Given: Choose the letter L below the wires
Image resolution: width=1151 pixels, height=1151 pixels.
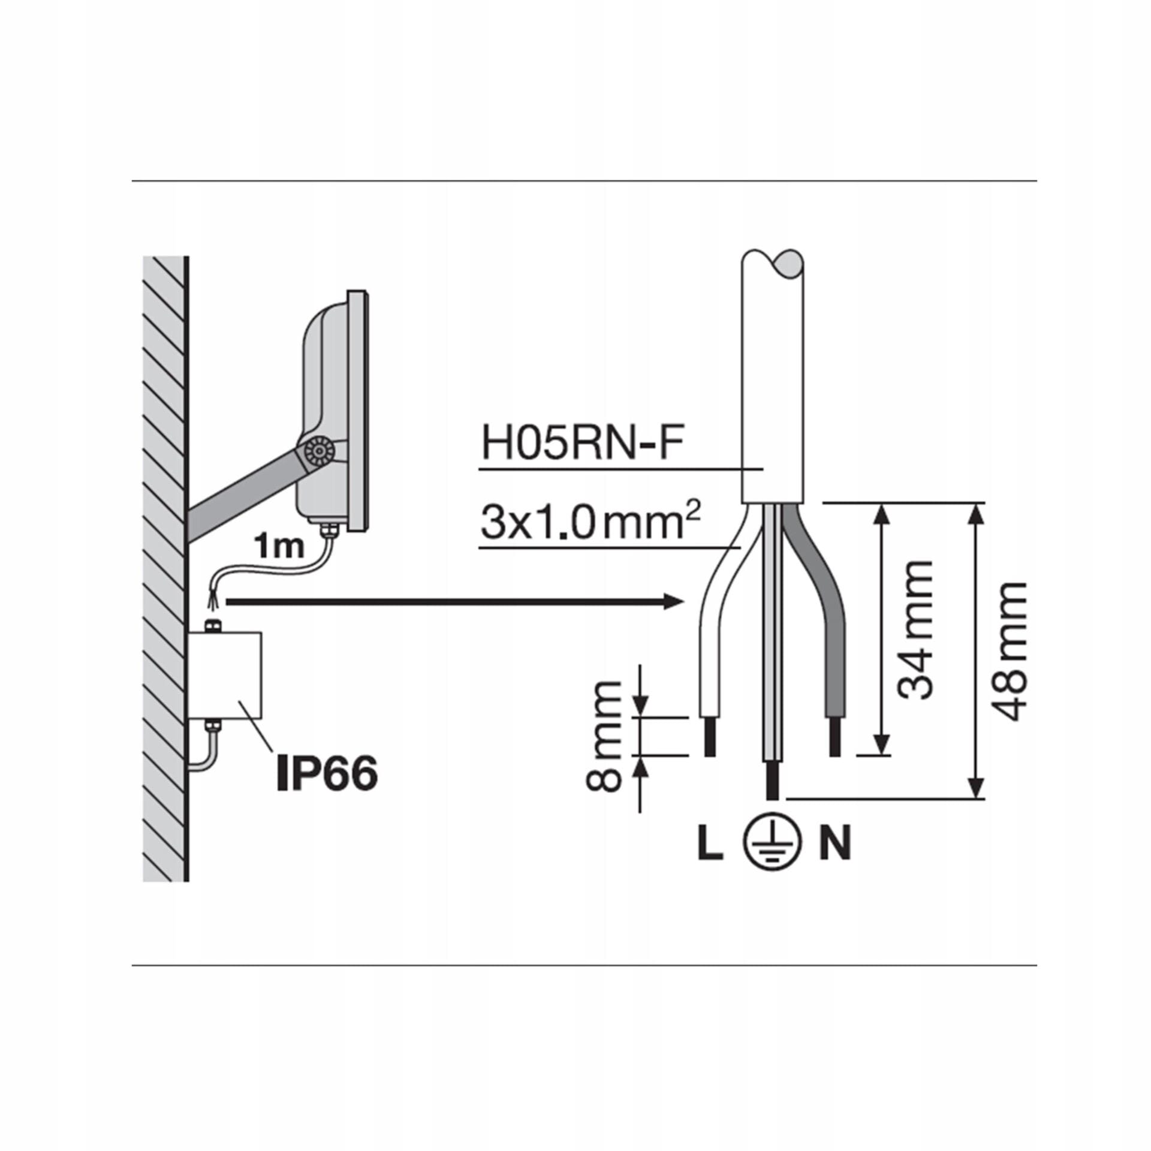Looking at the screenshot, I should pyautogui.click(x=710, y=844).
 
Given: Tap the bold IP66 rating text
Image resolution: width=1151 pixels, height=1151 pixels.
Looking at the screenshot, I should pyautogui.click(x=327, y=773).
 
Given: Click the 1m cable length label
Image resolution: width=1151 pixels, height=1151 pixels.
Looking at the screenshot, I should pyautogui.click(x=279, y=547).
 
